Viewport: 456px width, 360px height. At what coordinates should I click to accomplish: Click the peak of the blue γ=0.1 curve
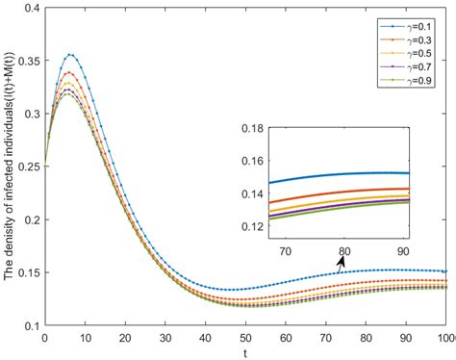click(69, 55)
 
